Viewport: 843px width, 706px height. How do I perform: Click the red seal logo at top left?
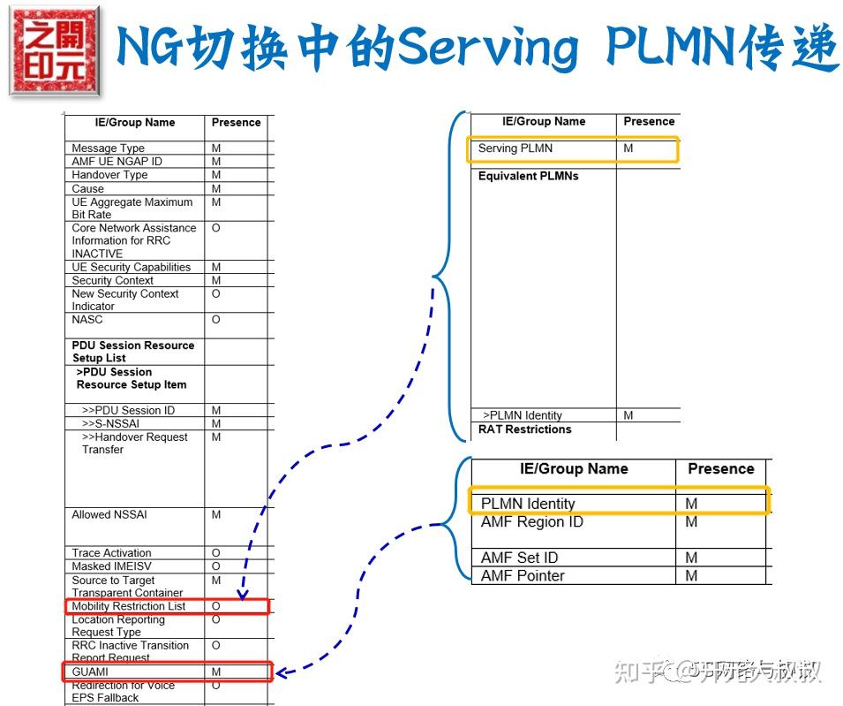[55, 50]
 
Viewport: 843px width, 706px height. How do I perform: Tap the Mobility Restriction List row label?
[129, 606]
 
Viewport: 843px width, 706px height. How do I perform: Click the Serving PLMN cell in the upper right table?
[516, 148]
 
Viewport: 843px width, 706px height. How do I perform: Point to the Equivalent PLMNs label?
[528, 176]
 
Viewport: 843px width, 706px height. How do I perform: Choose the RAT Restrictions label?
[524, 429]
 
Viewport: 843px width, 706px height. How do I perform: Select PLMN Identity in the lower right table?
[528, 504]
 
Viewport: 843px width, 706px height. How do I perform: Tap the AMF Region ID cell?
[531, 522]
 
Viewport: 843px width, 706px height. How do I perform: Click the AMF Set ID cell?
[519, 558]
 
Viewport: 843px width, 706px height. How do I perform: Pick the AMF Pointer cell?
[523, 576]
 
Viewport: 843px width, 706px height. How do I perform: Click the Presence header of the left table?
[236, 123]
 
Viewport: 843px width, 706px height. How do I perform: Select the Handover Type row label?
[109, 175]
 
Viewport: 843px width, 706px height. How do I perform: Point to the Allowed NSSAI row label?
[103, 514]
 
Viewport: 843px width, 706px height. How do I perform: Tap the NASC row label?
[87, 320]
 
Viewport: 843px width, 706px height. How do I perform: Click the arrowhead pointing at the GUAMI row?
[282, 673]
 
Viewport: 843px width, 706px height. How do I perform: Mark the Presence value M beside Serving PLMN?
[628, 148]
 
